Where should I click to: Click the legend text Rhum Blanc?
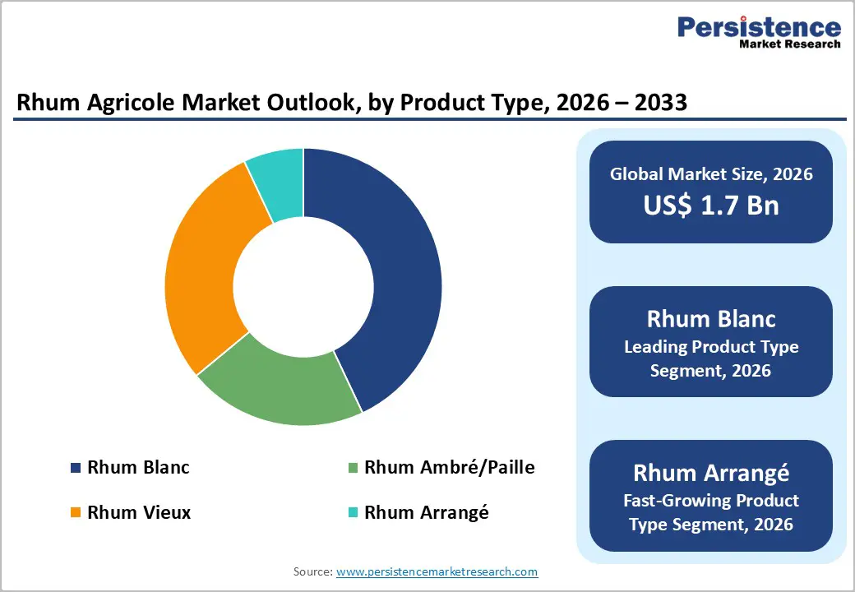[138, 468]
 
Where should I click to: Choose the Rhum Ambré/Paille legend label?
[449, 468]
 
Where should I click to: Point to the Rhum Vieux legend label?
[139, 512]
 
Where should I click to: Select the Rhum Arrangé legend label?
[426, 512]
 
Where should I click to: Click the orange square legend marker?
[76, 513]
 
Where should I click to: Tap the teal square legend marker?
[354, 513]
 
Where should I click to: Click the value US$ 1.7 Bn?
[710, 205]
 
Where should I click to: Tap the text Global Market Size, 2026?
[710, 173]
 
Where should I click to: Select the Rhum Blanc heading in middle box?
[710, 318]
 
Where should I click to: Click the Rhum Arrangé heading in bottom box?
[710, 473]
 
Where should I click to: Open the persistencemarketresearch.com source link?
[437, 571]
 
